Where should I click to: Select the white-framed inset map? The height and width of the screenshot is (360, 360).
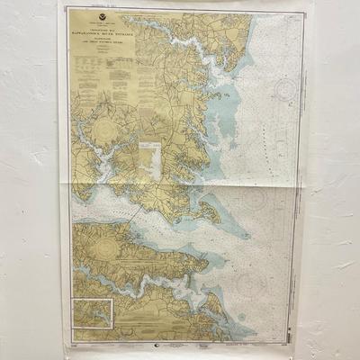coord(93,315)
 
